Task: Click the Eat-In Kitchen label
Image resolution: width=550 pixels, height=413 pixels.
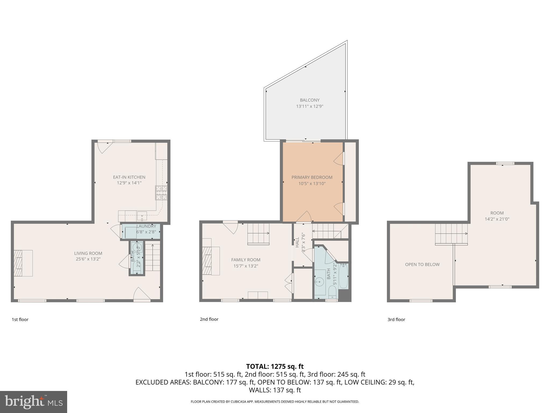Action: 129,177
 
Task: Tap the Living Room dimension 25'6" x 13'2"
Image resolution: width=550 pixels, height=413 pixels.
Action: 88,259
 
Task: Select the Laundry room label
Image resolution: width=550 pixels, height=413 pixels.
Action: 146,226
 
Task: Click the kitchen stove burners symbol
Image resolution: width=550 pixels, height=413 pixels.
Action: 161,193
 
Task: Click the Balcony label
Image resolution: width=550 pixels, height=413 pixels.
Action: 310,100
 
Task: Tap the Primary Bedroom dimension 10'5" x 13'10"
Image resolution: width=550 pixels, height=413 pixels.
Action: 312,184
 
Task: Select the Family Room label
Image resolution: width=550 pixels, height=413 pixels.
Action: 246,260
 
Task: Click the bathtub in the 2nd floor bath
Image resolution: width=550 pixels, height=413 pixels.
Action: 344,276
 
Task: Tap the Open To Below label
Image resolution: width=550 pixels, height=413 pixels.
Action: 422,265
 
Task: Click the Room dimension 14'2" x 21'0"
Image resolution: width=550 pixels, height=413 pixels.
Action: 497,219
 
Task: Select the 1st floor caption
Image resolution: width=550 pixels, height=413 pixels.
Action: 20,319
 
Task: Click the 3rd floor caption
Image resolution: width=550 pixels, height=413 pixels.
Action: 396,319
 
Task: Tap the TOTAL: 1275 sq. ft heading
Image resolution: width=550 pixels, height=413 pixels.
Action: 275,366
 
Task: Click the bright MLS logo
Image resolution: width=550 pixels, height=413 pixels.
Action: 33,402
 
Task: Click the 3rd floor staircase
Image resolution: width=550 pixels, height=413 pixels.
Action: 451,234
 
